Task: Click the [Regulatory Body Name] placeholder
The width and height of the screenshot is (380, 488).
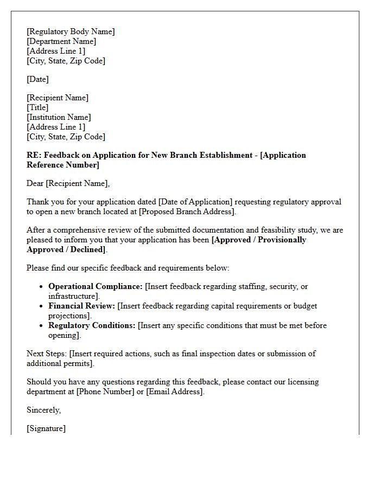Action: pos(71,31)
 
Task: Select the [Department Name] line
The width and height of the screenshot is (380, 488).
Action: pos(61,41)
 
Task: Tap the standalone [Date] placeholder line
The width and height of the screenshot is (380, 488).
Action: pos(37,79)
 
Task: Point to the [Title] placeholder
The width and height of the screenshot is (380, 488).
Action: pos(37,107)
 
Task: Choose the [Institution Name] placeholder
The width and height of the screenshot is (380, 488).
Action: pos(59,117)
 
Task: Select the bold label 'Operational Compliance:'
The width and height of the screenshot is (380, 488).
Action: pos(96,286)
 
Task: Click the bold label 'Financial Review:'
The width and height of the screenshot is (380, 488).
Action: pos(81,306)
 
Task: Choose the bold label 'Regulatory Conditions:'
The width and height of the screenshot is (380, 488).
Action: pos(92,325)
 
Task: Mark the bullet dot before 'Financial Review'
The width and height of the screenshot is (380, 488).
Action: pos(42,306)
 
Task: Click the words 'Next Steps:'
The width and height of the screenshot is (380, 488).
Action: pos(47,354)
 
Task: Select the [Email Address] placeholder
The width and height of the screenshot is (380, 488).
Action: pos(175,391)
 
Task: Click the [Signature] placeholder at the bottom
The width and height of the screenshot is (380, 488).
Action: pos(46,428)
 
